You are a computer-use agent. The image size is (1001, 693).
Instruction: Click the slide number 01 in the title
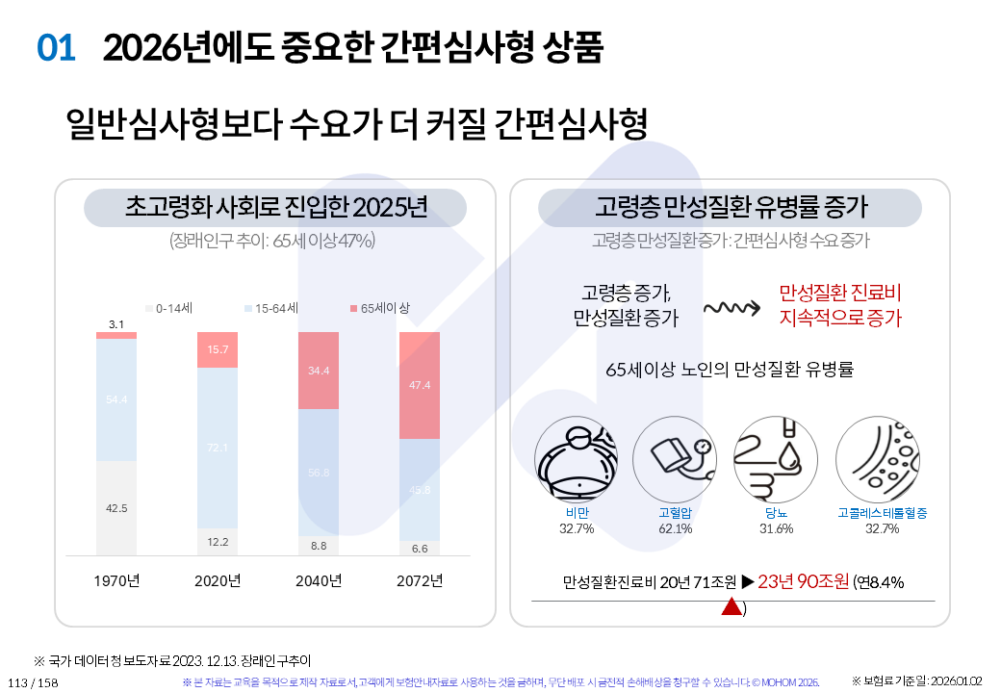[x=56, y=47]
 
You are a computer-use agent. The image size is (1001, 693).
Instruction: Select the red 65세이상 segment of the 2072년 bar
[x=419, y=385]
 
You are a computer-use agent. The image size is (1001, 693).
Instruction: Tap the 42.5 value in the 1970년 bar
[x=116, y=508]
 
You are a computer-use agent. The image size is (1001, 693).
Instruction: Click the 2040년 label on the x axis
[x=319, y=580]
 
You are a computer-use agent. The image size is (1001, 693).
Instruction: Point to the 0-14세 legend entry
[x=170, y=309]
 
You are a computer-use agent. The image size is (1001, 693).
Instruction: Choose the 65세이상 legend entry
[x=379, y=309]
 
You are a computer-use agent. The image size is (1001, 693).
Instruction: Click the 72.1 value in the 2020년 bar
[x=218, y=448]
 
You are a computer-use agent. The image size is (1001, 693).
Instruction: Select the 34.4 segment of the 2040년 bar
[x=319, y=371]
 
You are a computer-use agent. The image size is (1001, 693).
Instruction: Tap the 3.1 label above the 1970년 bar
[x=116, y=324]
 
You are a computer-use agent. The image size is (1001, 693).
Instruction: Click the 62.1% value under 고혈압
[x=676, y=528]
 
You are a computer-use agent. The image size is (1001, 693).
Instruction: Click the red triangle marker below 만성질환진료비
[x=731, y=606]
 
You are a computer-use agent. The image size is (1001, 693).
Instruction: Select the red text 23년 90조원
[x=804, y=581]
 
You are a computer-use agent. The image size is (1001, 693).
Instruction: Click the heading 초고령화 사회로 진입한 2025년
[x=276, y=208]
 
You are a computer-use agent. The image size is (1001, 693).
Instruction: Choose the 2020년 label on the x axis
[x=218, y=580]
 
